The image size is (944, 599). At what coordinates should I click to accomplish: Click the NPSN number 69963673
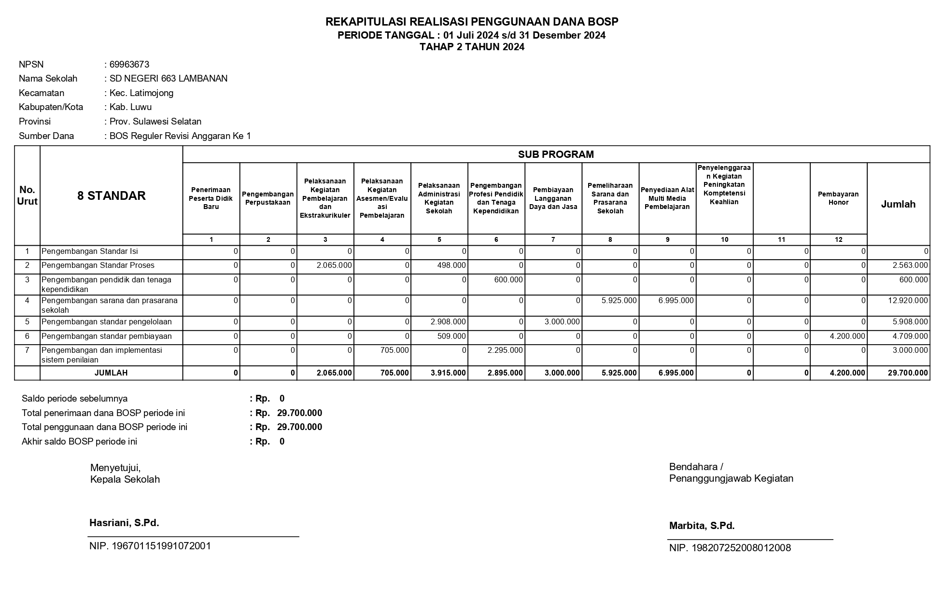click(x=129, y=64)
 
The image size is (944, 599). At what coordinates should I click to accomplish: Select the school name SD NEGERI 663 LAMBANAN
click(x=168, y=78)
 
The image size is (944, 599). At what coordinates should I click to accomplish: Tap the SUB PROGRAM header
click(x=556, y=154)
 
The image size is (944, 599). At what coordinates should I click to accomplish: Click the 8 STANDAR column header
click(x=111, y=195)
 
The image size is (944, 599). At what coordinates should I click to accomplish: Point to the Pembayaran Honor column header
click(x=838, y=198)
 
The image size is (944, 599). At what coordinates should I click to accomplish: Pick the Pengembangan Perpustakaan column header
click(x=268, y=198)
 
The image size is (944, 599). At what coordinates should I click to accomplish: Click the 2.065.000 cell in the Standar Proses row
click(x=334, y=265)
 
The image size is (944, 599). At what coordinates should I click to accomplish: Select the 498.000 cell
click(x=451, y=265)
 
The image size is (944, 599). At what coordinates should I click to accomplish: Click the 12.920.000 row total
click(x=907, y=300)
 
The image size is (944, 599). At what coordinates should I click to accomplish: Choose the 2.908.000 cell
click(x=448, y=321)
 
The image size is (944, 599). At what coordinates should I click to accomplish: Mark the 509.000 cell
click(x=451, y=336)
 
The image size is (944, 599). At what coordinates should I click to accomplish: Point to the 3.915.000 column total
click(x=448, y=373)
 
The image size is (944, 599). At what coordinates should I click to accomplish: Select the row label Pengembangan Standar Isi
click(x=89, y=251)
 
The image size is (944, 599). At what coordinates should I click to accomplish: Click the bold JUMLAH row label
click(x=111, y=373)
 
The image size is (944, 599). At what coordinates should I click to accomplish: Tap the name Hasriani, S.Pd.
click(x=124, y=523)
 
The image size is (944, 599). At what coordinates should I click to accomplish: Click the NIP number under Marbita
click(x=730, y=548)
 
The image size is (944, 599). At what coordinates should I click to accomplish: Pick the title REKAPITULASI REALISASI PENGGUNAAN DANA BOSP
click(x=472, y=22)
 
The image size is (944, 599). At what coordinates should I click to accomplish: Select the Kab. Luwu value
click(x=130, y=107)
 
